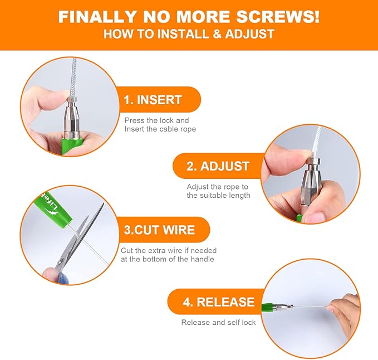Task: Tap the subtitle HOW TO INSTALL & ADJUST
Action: (x=189, y=34)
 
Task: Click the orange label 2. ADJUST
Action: (x=218, y=166)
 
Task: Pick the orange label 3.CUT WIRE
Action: (x=159, y=230)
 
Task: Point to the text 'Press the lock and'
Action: (x=156, y=120)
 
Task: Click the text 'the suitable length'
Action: (x=218, y=195)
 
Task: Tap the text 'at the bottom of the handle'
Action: (x=167, y=259)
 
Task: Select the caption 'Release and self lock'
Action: (x=218, y=322)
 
